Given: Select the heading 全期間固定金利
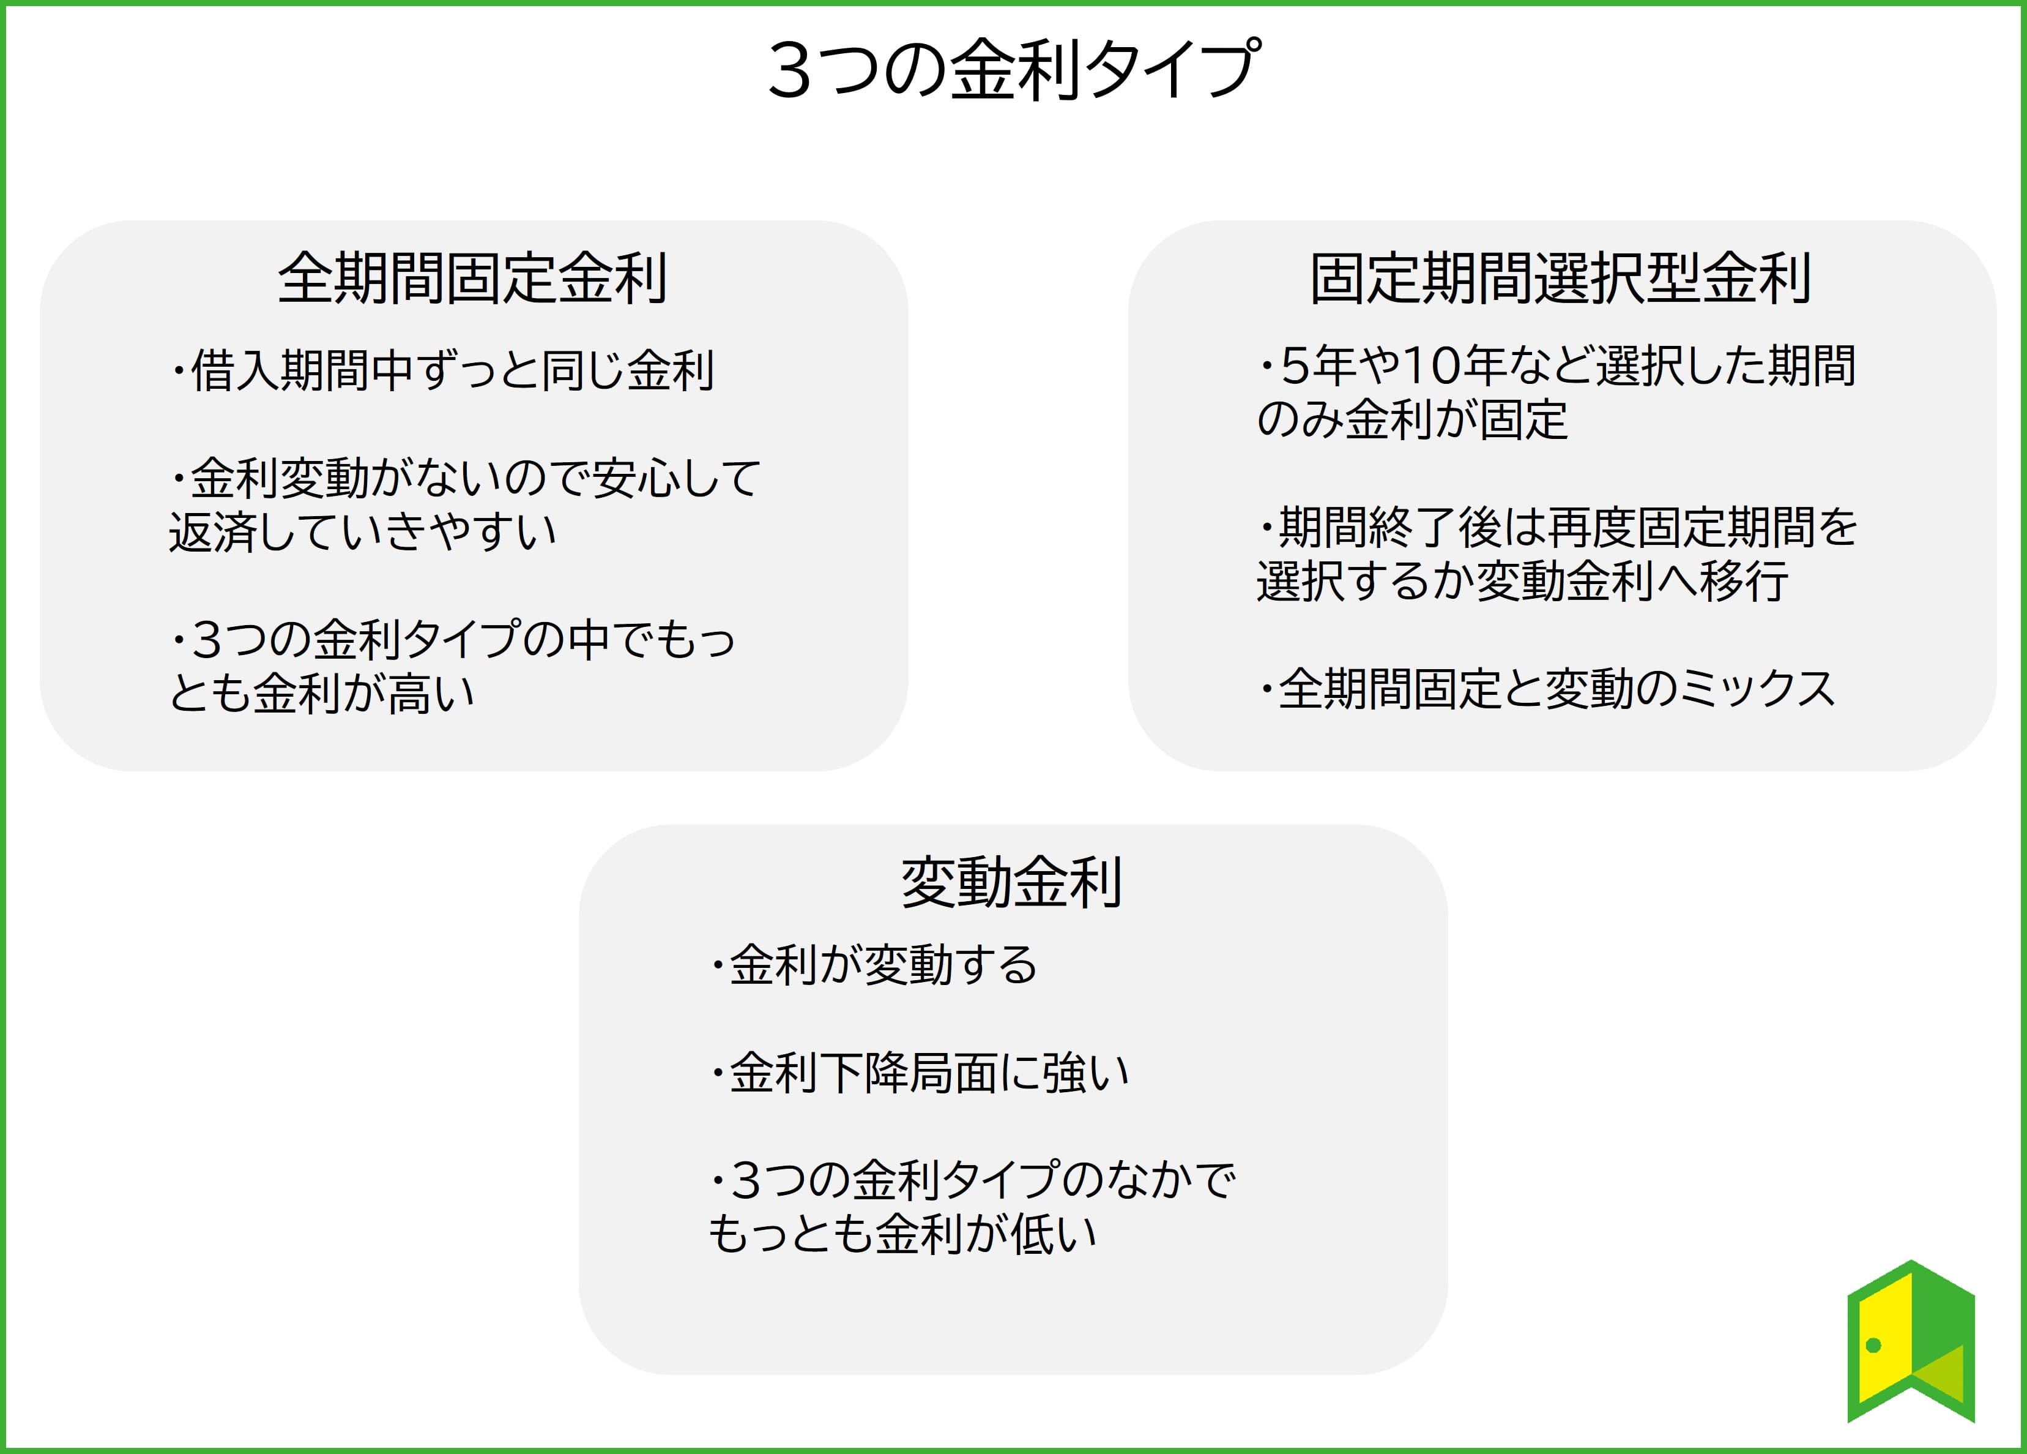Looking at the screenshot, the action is tap(473, 278).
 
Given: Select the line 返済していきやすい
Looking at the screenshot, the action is tap(363, 532).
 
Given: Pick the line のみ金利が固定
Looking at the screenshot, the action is tap(1412, 419).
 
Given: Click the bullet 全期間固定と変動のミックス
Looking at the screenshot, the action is tap(1547, 689).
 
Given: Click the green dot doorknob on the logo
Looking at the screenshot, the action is tap(1874, 1345).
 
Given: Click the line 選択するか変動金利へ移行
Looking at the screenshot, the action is tap(1523, 581).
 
